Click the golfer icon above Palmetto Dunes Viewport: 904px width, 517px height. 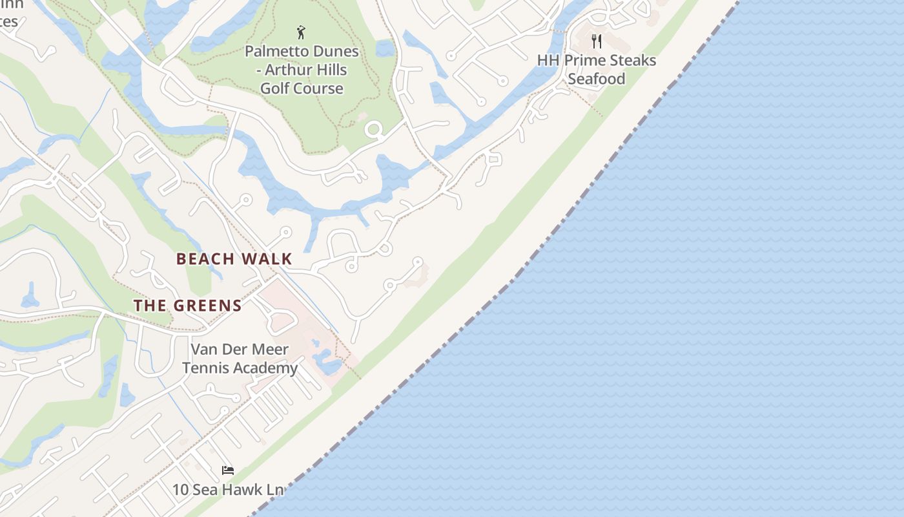[x=301, y=32]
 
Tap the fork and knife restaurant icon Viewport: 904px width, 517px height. [x=597, y=42]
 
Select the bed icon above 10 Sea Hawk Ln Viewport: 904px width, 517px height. [x=227, y=470]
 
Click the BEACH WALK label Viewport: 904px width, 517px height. [x=234, y=259]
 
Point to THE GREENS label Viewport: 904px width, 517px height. [x=188, y=306]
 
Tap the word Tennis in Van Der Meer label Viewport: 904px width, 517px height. [x=207, y=368]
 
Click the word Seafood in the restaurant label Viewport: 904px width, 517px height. [x=597, y=79]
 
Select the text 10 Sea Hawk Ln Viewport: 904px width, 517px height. [x=227, y=490]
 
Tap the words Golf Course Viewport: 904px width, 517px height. [x=302, y=89]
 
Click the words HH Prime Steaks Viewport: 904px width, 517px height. [x=597, y=61]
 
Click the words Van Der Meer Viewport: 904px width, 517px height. [x=240, y=350]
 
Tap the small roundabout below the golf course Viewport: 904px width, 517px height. [x=374, y=130]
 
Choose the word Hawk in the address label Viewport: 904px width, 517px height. [x=241, y=490]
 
